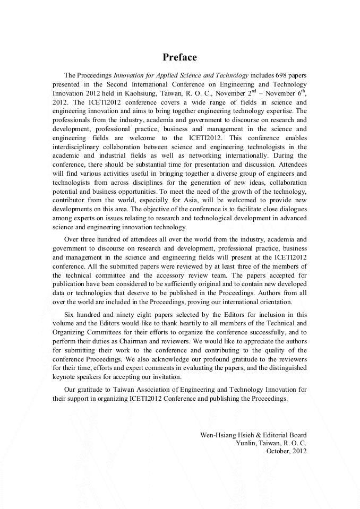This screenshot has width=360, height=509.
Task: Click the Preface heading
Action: [179, 57]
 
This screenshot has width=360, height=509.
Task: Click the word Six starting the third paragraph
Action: [70, 315]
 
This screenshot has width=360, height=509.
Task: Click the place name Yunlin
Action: [246, 443]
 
